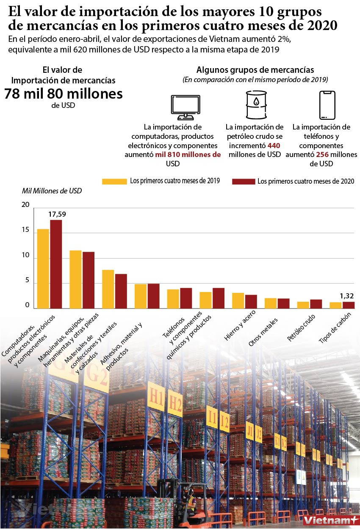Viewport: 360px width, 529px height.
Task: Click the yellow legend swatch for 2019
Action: point(114,181)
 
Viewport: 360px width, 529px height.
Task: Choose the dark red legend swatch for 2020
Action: point(244,181)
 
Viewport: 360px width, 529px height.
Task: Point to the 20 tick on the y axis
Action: point(25,205)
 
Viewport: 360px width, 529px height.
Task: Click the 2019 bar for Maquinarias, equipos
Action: point(75,279)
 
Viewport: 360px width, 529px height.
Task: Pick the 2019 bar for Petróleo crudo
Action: point(303,305)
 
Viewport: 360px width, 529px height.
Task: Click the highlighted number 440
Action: point(274,145)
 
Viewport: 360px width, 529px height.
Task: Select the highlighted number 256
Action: point(322,154)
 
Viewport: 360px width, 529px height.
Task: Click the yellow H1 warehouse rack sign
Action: point(156,397)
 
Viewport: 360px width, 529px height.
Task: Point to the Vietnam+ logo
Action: point(327,518)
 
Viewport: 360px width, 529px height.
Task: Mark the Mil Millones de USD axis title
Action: point(52,191)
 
